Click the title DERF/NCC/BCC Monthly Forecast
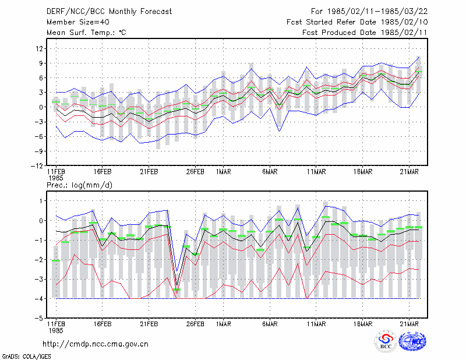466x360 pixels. (x=109, y=12)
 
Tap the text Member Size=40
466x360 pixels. (x=78, y=22)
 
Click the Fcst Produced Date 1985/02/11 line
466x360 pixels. (x=365, y=33)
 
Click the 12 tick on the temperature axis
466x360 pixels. (x=40, y=48)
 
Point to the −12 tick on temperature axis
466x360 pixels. (x=37, y=166)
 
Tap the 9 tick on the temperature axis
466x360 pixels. (x=41, y=63)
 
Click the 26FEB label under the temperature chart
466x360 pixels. (x=195, y=172)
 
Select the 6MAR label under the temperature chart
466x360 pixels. (x=270, y=172)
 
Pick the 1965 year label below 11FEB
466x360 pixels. (x=56, y=178)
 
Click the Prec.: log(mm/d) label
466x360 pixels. (x=79, y=185)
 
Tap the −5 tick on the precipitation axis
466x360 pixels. (x=39, y=318)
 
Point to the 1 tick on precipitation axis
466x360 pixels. (x=41, y=201)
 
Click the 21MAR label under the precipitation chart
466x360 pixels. (x=409, y=324)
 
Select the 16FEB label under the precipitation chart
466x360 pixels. (x=103, y=324)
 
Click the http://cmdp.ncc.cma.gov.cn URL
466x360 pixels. (x=96, y=344)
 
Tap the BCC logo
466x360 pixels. (x=386, y=341)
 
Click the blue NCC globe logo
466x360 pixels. (x=412, y=341)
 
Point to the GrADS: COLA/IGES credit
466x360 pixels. (x=26, y=357)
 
